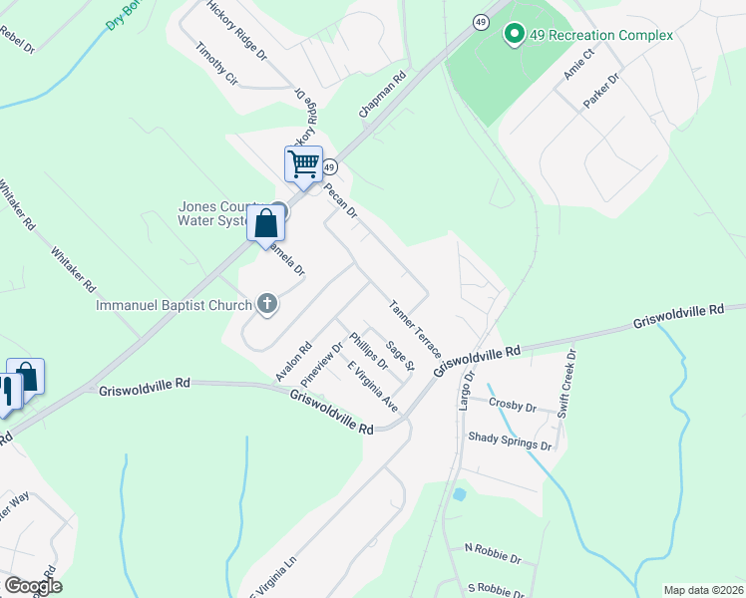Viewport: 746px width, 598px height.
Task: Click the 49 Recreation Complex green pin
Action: coord(515,35)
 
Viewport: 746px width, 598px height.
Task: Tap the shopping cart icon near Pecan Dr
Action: coord(303,162)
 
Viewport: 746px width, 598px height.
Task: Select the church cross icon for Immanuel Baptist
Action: coord(266,304)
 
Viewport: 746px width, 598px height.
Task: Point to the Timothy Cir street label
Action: coord(217,63)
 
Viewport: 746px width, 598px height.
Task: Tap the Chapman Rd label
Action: coord(384,96)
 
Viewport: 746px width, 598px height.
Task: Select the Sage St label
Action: coord(399,357)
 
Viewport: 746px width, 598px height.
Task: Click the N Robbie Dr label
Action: coord(493,547)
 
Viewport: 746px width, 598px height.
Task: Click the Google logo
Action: coord(33,586)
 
